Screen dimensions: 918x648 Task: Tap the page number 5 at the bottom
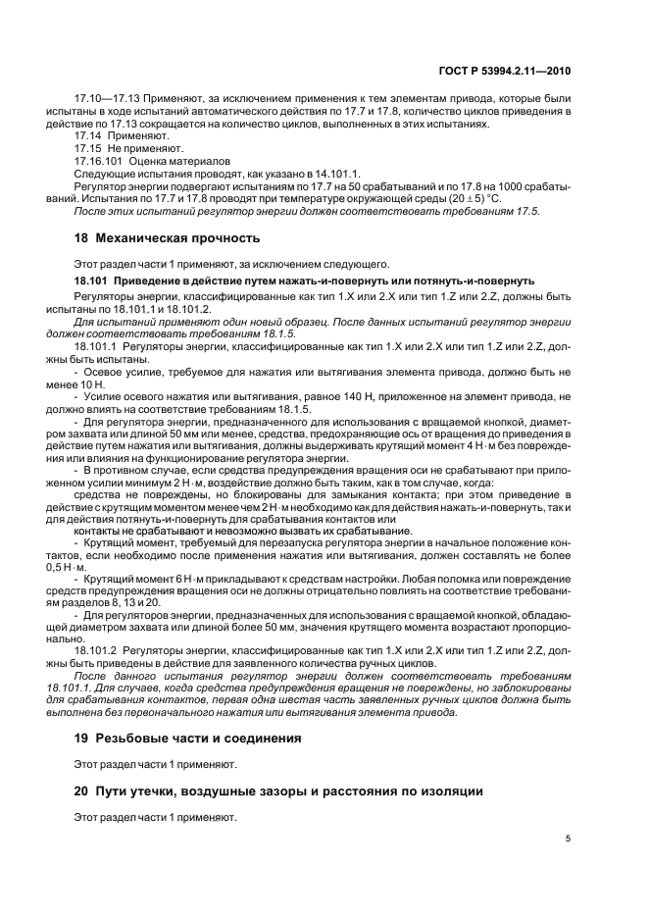570,839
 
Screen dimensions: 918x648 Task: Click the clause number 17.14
88,135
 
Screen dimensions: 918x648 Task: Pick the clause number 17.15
88,148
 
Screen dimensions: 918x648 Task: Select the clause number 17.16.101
100,161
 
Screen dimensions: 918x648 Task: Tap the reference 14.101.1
311,174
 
